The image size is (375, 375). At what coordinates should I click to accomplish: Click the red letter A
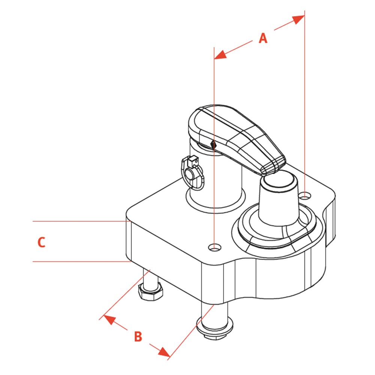pyautogui.click(x=263, y=38)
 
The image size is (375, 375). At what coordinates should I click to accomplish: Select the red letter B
pyautogui.click(x=138, y=336)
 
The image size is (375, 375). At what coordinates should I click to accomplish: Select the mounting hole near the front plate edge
pyautogui.click(x=215, y=247)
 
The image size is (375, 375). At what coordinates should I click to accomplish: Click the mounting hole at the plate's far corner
pyautogui.click(x=306, y=195)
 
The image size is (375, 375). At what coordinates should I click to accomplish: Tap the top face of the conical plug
pyautogui.click(x=279, y=181)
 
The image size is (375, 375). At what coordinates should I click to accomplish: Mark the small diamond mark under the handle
pyautogui.click(x=213, y=144)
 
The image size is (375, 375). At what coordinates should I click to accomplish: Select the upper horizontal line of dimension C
pyautogui.click(x=79, y=221)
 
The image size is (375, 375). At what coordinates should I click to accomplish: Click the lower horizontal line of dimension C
pyautogui.click(x=79, y=261)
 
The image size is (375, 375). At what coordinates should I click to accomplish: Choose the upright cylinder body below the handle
pyautogui.click(x=216, y=180)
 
